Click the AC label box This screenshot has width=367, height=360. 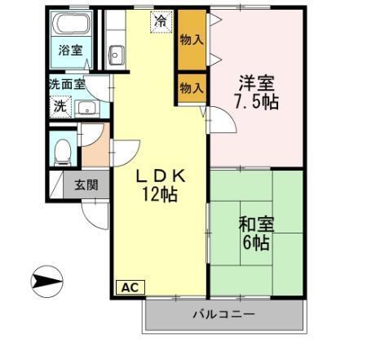pos(129,287)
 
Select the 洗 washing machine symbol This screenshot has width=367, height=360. pos(60,106)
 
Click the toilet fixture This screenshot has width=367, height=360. pos(62,151)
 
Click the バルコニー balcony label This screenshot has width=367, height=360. pos(223,314)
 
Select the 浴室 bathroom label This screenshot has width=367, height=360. pos(69,50)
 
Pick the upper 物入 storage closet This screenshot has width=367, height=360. pos(192,39)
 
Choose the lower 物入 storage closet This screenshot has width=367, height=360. pos(191,88)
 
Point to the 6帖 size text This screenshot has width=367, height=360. pos(256,242)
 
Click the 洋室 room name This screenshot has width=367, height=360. pos(255,83)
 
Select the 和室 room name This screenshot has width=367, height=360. pos(255,223)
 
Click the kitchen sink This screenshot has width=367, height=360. pos(116,54)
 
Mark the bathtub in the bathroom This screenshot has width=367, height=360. pos(69,24)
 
